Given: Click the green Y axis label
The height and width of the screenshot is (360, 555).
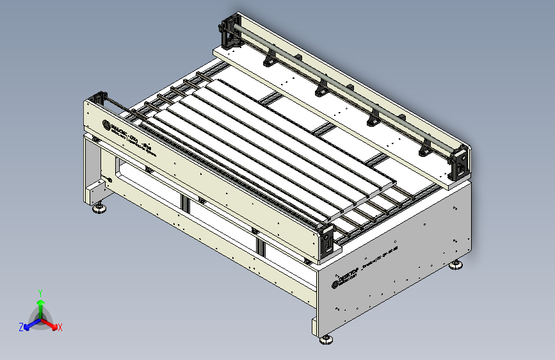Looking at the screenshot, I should [x=40, y=292].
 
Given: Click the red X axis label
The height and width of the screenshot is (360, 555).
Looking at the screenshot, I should [x=60, y=327].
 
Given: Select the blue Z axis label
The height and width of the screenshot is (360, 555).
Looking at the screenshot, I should [x=21, y=327].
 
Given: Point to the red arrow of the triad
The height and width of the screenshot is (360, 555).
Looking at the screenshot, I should [x=51, y=323].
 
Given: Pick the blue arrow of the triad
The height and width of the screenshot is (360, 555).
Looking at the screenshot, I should [x=29, y=324].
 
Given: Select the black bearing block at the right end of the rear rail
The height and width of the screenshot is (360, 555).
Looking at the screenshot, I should [x=460, y=162].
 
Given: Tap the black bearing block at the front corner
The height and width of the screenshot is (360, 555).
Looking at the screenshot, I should [x=326, y=238].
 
